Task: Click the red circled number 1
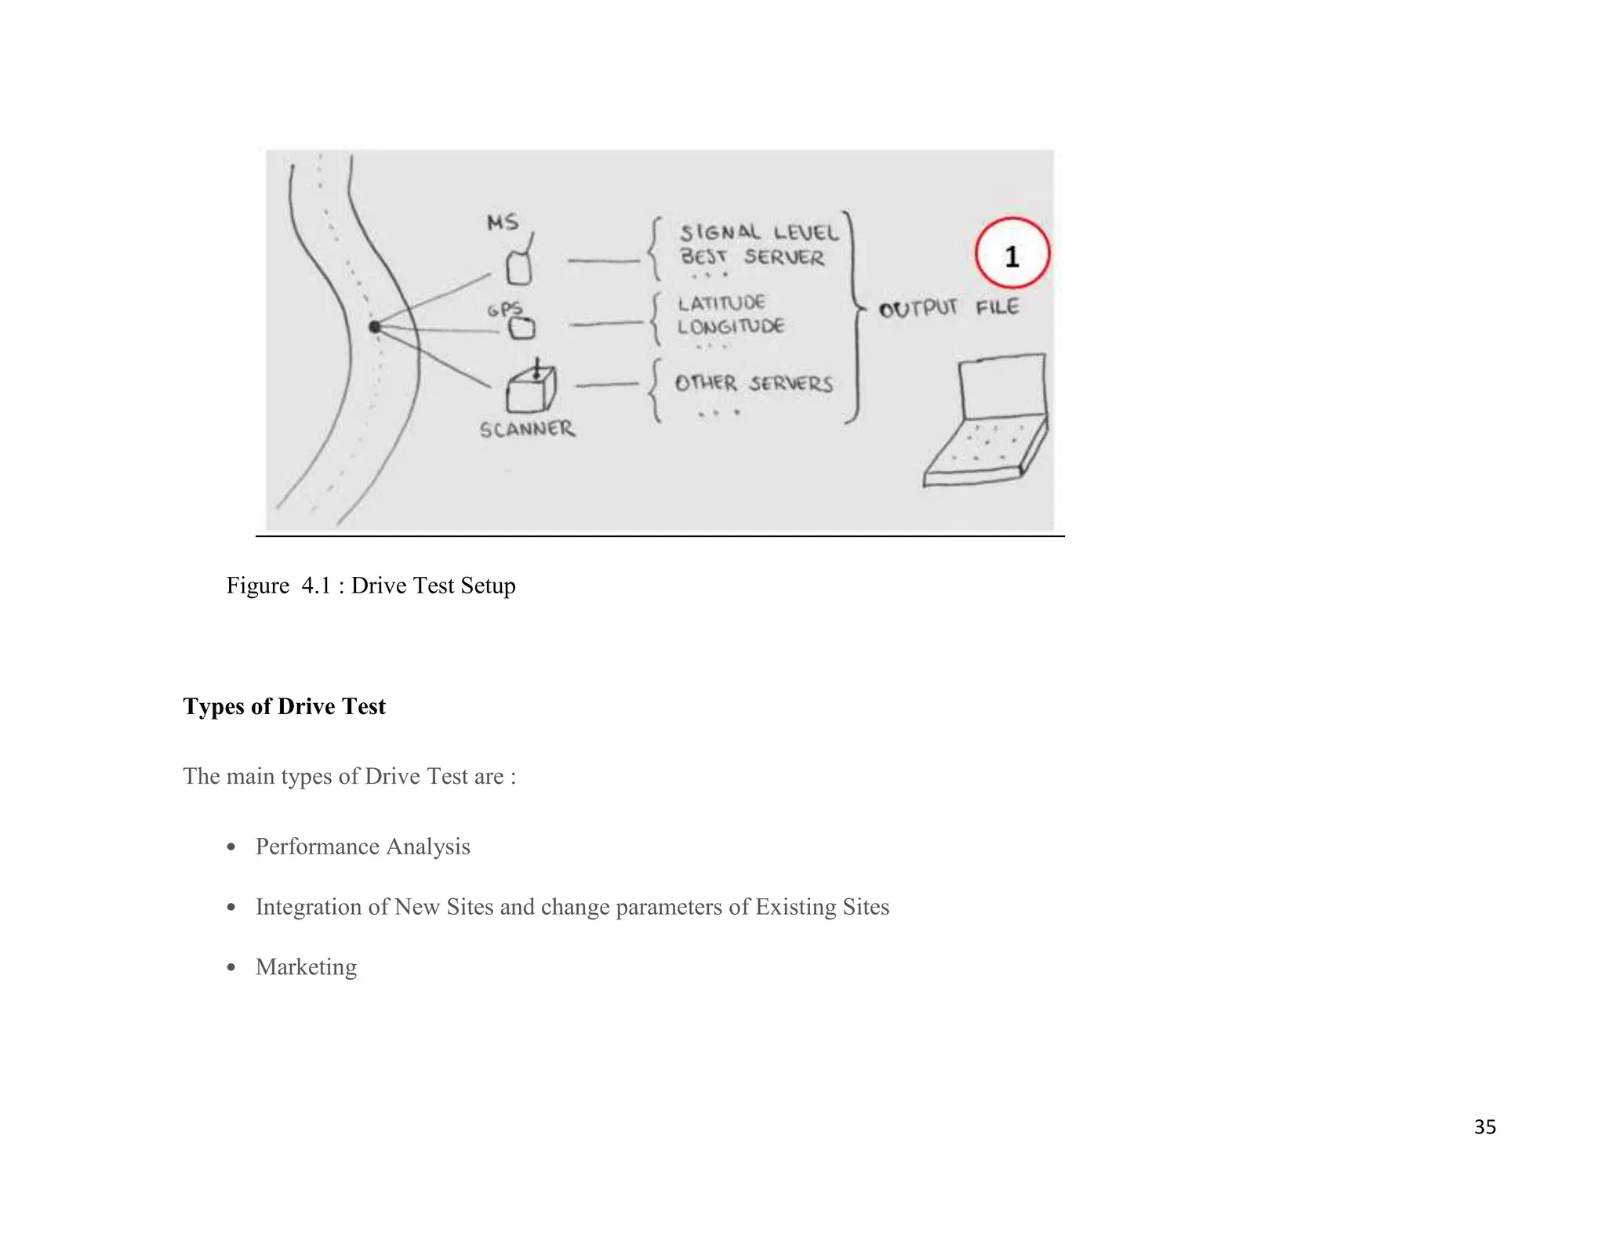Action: pyautogui.click(x=1012, y=254)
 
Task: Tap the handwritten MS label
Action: pyautogui.click(x=503, y=223)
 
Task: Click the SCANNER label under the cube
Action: pyautogui.click(x=527, y=430)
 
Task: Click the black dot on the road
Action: pyautogui.click(x=375, y=327)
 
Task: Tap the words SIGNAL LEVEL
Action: pyautogui.click(x=758, y=232)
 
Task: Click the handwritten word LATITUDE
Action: pyautogui.click(x=721, y=303)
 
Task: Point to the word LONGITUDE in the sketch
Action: pyautogui.click(x=731, y=326)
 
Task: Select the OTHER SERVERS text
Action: pyautogui.click(x=754, y=383)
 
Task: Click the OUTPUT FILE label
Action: pyautogui.click(x=949, y=307)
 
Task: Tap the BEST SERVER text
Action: pyautogui.click(x=752, y=257)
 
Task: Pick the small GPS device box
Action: pyautogui.click(x=522, y=328)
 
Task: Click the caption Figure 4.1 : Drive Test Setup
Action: pyautogui.click(x=371, y=586)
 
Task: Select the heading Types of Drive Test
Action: pyautogui.click(x=284, y=706)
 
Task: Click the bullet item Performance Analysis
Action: pyautogui.click(x=362, y=847)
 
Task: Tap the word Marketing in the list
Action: pyautogui.click(x=306, y=966)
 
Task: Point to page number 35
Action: pyautogui.click(x=1484, y=1127)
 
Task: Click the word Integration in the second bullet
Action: pyautogui.click(x=308, y=907)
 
